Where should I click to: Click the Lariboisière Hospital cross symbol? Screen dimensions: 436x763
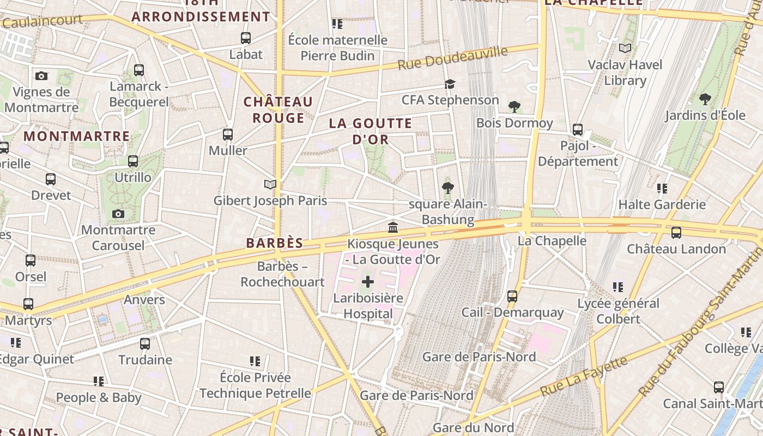point(368,282)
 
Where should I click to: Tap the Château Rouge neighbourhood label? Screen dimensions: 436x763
point(278,110)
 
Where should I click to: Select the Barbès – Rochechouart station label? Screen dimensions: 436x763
point(283,274)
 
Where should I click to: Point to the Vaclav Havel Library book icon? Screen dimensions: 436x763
point(625,49)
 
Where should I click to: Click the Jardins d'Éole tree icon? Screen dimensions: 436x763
point(705,99)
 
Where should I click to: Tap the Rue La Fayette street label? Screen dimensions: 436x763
point(583,377)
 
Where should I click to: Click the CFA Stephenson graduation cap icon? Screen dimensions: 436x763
point(450,84)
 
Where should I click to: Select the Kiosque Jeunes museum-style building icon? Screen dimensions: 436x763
point(393,227)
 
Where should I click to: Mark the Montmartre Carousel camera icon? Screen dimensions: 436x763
point(118,214)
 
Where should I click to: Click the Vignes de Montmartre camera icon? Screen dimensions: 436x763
point(41,76)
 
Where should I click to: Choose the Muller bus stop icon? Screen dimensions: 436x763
point(228,134)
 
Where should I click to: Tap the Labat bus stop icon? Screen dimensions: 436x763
point(246,38)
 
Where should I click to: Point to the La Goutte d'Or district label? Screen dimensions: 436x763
point(371,131)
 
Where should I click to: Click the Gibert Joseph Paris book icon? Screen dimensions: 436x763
point(270,184)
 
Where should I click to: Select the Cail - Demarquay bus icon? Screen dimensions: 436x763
point(512,296)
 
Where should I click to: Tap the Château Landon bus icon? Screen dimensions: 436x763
point(676,233)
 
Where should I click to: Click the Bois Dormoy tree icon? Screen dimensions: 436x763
point(514,107)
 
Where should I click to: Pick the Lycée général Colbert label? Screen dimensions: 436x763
point(618,311)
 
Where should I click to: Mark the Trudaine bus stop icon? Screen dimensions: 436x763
point(145,344)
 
